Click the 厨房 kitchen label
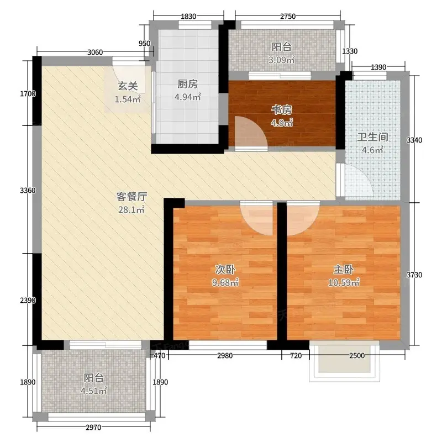tap(187, 84)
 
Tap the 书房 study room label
tap(282, 110)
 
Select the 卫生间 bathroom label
tap(372, 137)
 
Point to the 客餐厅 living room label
tap(131, 197)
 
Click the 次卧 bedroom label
tap(225, 270)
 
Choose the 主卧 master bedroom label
tap(344, 270)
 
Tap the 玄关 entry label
tap(128, 86)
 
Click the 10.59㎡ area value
tap(344, 282)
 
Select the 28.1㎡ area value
tap(131, 209)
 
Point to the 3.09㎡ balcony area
tap(282, 60)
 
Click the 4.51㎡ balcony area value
tap(93, 391)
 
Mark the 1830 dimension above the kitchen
tap(188, 17)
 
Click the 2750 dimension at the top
tap(288, 17)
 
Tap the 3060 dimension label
tap(95, 52)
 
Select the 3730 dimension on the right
tap(414, 275)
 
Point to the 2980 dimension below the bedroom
tap(225, 355)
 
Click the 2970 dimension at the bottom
tap(93, 428)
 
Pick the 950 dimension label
tap(145, 44)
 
